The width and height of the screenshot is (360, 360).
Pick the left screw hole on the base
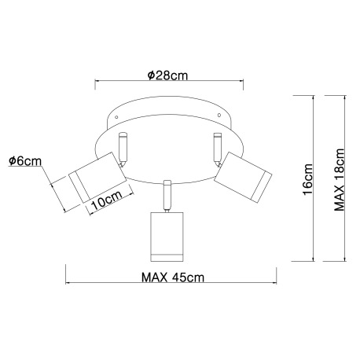point(119,119)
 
